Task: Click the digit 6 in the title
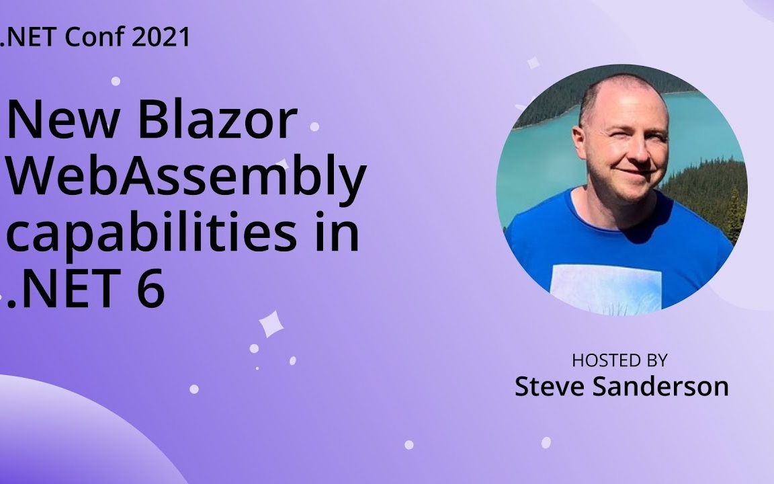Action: click(150, 290)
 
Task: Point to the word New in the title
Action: click(54, 120)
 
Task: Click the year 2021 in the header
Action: click(161, 38)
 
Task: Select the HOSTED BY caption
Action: click(619, 360)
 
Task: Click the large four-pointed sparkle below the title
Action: click(271, 324)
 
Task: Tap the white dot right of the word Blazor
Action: click(314, 126)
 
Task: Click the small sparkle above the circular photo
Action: click(533, 63)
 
